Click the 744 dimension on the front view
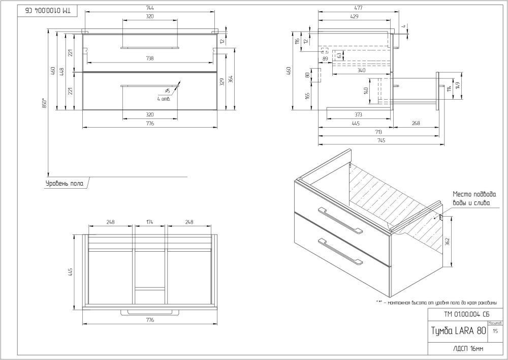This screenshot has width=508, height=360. coord(150,8)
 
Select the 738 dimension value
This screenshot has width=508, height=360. coord(150,58)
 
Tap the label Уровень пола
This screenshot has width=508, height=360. coord(63,183)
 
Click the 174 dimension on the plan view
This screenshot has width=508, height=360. coord(150,222)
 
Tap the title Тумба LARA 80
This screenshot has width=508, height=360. coord(457,331)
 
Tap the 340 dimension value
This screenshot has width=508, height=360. coord(361,71)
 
